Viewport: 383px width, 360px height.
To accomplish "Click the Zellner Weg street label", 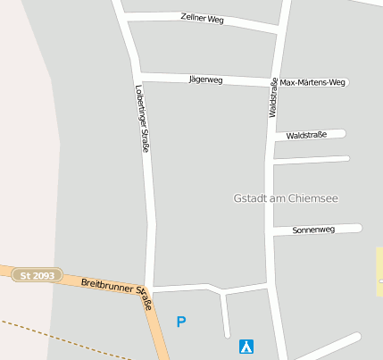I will click(x=202, y=18).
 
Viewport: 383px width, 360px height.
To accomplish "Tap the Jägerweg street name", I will click(x=205, y=80).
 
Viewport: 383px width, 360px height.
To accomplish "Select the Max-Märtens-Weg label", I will click(x=312, y=83).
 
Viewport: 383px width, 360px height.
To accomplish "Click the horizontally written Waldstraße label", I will click(x=306, y=135).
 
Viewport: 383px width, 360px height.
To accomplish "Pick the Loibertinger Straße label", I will click(x=141, y=118).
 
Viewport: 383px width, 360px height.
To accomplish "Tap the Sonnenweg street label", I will click(x=313, y=230).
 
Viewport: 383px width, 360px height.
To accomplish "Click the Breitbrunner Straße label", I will click(x=117, y=291).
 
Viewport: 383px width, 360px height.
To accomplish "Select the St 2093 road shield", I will click(x=37, y=276).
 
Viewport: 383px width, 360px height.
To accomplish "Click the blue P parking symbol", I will click(x=181, y=322).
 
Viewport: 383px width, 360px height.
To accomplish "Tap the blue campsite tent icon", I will click(x=246, y=346).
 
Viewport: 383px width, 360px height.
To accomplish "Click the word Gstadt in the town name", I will click(x=249, y=197).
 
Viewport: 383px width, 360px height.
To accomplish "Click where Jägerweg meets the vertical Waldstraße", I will click(x=271, y=83).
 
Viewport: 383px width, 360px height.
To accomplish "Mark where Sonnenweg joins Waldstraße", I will click(x=270, y=232).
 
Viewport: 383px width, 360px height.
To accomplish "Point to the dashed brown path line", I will click(x=54, y=335).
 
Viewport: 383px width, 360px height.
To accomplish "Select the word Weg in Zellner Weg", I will click(x=215, y=19).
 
